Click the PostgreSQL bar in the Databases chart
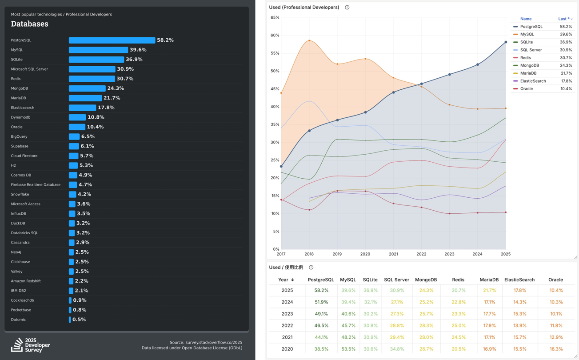click(112, 40)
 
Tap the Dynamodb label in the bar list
click(20, 117)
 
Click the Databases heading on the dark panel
click(29, 24)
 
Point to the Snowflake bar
click(72, 194)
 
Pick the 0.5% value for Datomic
click(79, 320)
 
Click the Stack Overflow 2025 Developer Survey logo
click(30, 345)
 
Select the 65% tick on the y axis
click(275, 18)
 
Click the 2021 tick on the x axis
click(393, 254)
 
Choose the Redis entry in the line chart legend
click(525, 58)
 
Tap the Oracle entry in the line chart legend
click(526, 89)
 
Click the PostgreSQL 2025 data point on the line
click(506, 42)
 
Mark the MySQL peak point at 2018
click(309, 40)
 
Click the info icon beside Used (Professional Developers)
click(347, 8)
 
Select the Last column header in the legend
click(564, 19)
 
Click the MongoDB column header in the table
click(426, 280)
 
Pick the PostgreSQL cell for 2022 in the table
click(321, 326)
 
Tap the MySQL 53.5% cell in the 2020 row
click(348, 349)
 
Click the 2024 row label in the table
click(287, 302)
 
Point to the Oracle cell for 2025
click(555, 291)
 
